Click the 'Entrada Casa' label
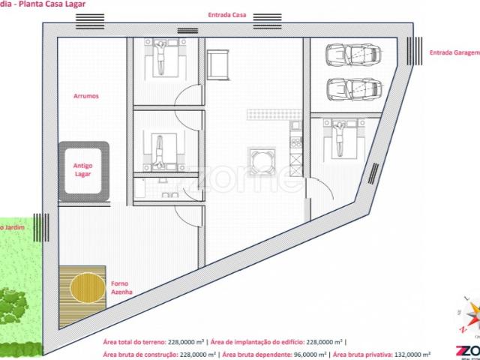(x=229, y=15)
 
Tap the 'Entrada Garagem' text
(x=453, y=52)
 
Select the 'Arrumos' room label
(x=86, y=96)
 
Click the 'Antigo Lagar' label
(x=83, y=169)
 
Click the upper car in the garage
(x=352, y=55)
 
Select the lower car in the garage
(x=352, y=88)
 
